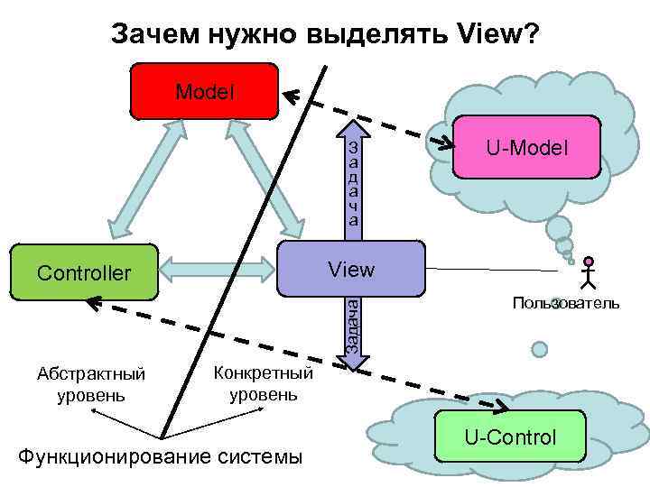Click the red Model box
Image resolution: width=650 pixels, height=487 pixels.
pos(205,91)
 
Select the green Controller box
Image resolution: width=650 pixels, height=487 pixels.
pos(83,271)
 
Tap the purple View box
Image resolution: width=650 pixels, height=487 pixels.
pos(351,269)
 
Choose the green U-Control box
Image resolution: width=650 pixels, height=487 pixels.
pos(511,438)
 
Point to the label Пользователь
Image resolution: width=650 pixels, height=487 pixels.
pos(566,302)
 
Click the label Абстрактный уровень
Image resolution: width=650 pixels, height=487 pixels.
pos(91,384)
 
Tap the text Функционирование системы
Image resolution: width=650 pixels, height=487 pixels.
pos(161,455)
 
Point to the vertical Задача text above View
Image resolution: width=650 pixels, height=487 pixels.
pos(355,182)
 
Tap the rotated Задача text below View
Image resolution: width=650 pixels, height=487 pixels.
pos(355,325)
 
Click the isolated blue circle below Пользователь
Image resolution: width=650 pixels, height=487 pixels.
pos(540,348)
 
